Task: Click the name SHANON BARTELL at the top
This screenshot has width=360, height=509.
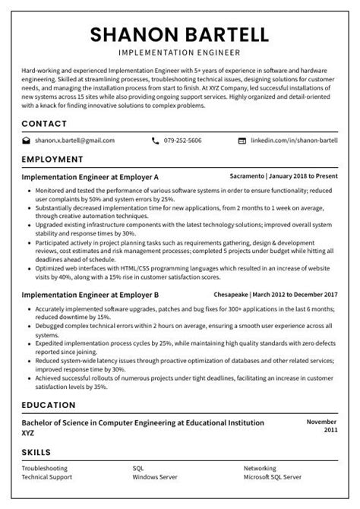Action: point(180,34)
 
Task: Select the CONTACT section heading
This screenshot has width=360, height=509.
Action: point(44,122)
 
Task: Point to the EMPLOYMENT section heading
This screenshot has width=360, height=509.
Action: point(52,160)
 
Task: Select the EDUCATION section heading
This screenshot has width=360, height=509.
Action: point(49,405)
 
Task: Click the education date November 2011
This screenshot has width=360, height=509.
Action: point(321,425)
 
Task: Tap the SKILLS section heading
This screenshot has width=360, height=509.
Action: point(38,454)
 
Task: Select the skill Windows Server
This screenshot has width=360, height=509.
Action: point(155,478)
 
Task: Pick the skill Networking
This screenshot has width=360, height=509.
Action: point(260,469)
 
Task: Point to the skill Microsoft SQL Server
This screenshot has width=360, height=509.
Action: point(272,478)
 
